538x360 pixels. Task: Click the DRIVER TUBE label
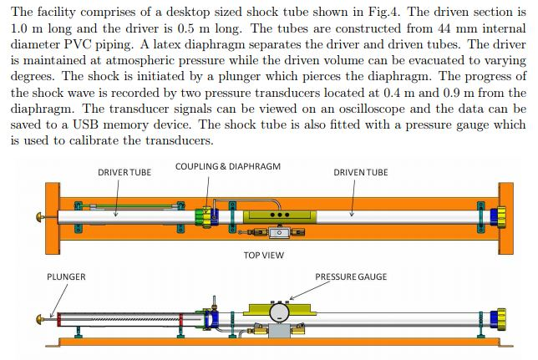[124, 172]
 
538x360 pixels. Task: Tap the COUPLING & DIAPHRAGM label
[227, 166]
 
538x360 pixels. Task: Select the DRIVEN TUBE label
[361, 172]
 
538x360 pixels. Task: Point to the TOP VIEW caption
[266, 254]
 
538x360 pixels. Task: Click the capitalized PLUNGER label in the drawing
[66, 276]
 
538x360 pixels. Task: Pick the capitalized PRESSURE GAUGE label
[351, 276]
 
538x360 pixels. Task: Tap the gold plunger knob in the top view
[39, 215]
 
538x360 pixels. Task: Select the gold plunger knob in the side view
[39, 318]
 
